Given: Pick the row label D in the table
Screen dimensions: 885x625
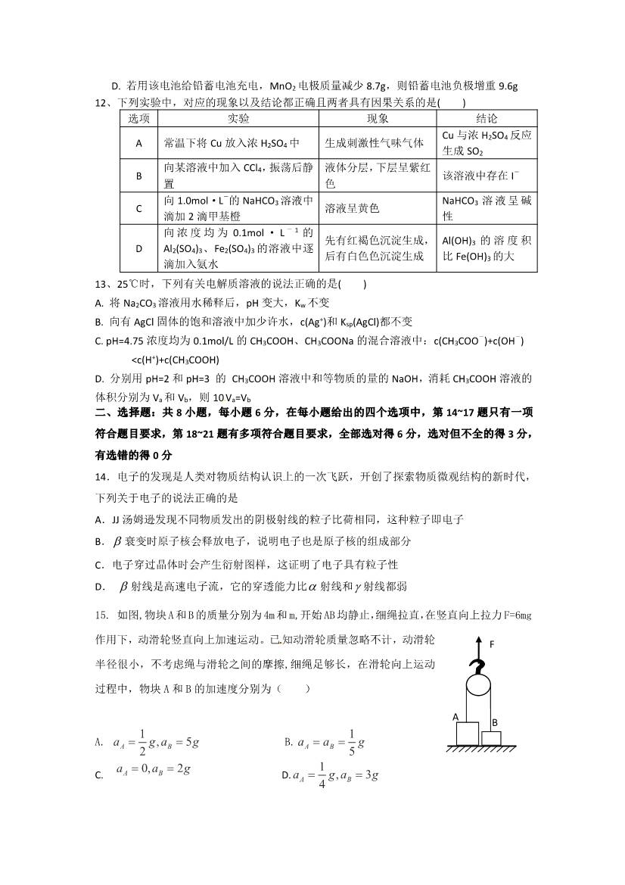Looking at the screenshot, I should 139,248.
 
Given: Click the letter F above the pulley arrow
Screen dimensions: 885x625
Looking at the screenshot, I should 492,644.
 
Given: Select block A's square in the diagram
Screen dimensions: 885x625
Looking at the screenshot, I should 466,734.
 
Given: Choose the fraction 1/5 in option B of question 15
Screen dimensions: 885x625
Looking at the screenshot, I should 352,743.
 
